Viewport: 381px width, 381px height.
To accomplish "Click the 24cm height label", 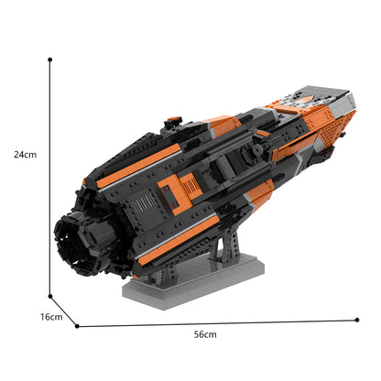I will coord(26,155).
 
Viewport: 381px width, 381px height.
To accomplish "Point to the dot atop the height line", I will coord(49,59).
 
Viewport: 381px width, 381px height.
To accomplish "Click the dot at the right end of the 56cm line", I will coord(357,320).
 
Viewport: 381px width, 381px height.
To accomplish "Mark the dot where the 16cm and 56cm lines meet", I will coord(77,325).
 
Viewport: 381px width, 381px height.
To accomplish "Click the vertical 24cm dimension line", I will coord(50,183).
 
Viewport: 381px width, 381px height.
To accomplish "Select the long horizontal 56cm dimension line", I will coord(220,322).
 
